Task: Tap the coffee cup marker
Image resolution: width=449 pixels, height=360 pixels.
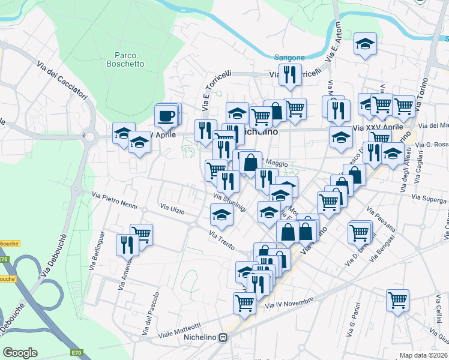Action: tap(166, 115)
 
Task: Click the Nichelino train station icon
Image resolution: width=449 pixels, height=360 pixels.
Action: tap(223, 338)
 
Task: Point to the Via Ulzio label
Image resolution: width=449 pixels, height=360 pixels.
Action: tap(172, 209)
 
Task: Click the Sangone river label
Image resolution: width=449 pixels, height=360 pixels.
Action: tap(289, 58)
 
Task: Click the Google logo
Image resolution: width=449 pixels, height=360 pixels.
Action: tap(20, 352)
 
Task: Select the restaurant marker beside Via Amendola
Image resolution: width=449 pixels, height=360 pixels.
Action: tap(127, 244)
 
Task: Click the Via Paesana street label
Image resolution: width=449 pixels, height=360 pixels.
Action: tap(382, 222)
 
